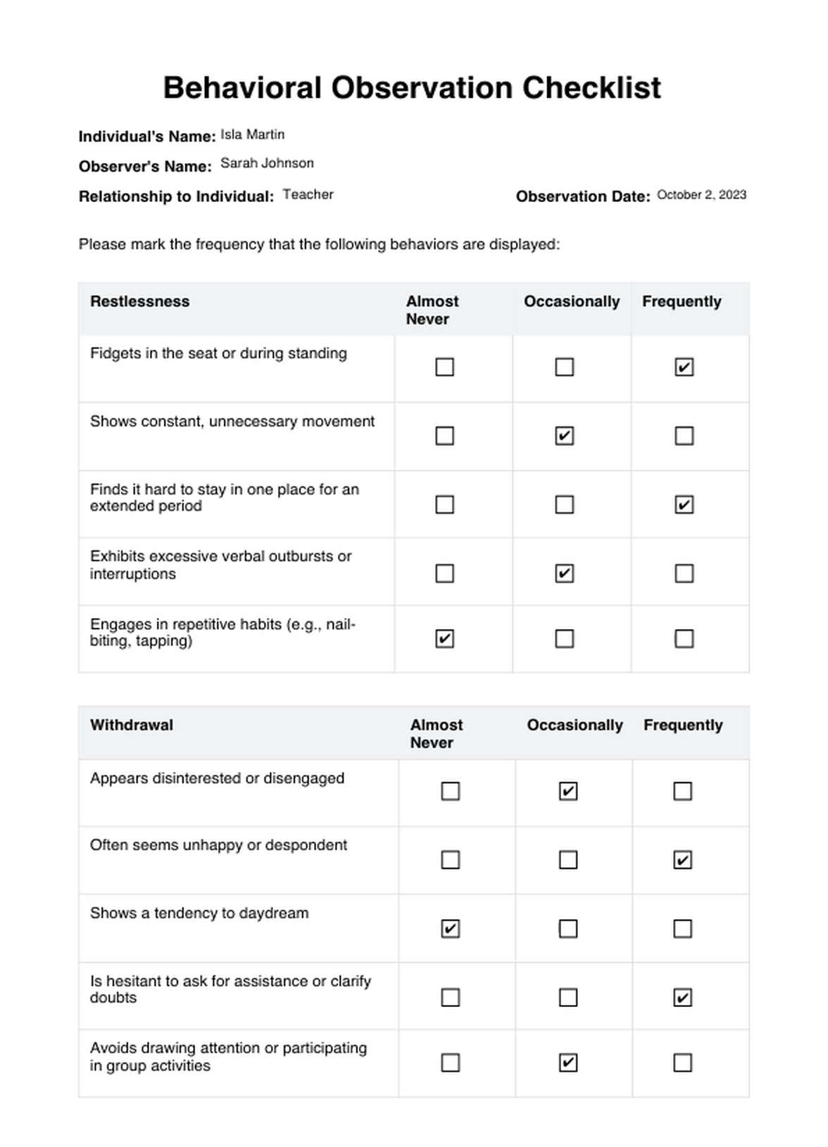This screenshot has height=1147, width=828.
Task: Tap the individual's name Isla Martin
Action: (252, 134)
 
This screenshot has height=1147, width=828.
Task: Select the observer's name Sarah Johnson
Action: (267, 163)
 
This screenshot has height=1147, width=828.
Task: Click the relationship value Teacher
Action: (308, 194)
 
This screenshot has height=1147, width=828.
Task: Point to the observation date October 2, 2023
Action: (701, 195)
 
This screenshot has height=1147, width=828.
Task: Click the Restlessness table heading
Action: (139, 301)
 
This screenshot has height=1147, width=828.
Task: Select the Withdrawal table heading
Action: (131, 725)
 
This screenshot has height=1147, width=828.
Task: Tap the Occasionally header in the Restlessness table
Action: (572, 301)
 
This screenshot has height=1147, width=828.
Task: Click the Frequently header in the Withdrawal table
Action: (683, 725)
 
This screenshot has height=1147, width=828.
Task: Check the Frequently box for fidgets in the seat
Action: (684, 367)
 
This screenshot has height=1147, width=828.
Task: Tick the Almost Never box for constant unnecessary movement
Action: (444, 436)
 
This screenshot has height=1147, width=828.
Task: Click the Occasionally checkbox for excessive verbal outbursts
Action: (564, 573)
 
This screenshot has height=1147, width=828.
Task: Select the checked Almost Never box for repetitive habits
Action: (444, 638)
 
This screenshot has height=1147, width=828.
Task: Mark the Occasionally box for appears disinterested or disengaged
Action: (568, 791)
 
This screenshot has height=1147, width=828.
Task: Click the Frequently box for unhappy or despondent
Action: (682, 860)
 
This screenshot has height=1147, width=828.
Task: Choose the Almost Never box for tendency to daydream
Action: (450, 929)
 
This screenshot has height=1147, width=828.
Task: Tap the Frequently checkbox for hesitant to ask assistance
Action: (682, 997)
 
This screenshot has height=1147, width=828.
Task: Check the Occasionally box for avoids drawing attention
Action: (568, 1062)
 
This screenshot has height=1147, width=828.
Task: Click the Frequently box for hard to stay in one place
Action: (684, 505)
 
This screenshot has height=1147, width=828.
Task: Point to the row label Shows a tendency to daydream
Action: (199, 913)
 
